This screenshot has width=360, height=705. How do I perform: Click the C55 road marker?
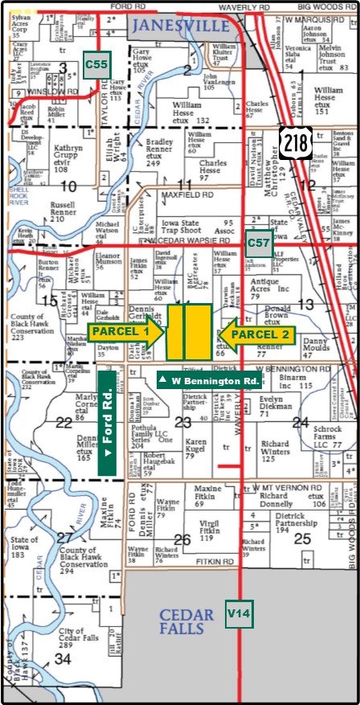[x=96, y=64]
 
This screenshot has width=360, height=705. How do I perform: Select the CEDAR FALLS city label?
[x=186, y=621]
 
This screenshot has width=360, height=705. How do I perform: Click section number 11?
[x=184, y=185]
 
